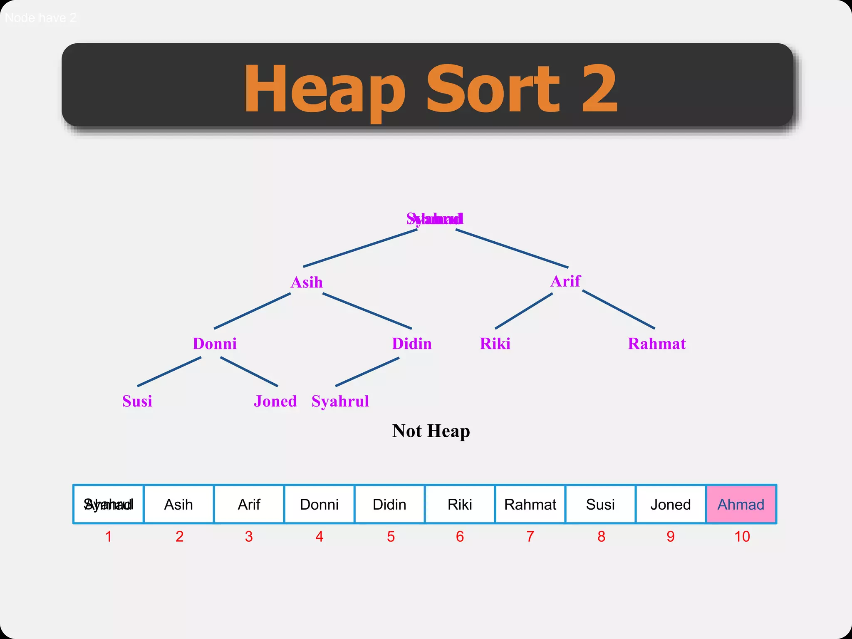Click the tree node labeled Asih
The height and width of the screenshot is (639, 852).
307,282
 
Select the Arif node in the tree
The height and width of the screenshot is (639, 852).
565,281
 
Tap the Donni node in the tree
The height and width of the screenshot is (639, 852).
215,344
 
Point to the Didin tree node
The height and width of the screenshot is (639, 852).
411,344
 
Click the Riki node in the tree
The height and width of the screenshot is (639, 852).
495,344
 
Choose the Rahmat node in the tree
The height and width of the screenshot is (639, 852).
656,344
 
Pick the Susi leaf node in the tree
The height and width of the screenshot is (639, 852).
137,401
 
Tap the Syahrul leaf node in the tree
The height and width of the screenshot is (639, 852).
340,401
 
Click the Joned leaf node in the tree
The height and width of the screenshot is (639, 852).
275,401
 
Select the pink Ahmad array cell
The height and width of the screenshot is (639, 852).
741,504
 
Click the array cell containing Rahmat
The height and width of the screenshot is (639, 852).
530,504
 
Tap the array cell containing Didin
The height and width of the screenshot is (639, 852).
389,504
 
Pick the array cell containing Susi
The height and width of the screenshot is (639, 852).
600,504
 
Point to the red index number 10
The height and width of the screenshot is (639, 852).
742,537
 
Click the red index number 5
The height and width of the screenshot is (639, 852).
391,537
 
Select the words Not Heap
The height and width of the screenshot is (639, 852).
431,431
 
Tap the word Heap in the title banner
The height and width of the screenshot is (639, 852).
324,89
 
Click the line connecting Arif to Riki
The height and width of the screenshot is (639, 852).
524,311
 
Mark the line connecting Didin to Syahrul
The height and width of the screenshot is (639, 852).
367,372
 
